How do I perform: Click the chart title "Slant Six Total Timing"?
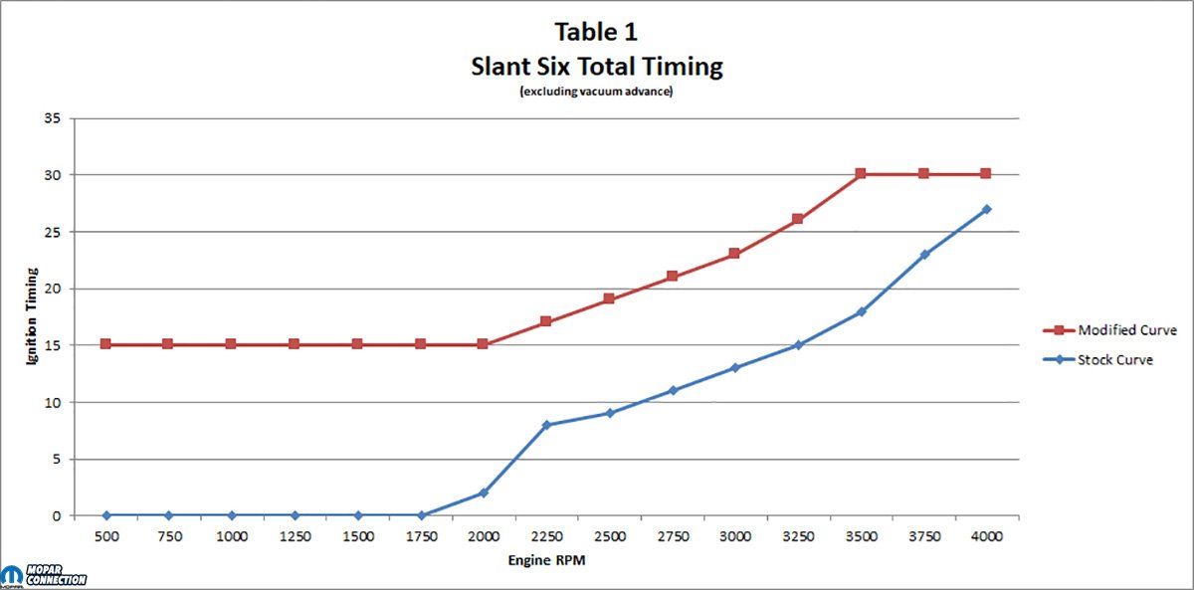(x=596, y=67)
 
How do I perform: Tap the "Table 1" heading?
(x=596, y=32)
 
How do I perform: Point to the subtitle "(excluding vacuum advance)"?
(x=596, y=92)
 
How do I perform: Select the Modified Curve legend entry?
(x=1109, y=330)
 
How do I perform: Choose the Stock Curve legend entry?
(x=1098, y=360)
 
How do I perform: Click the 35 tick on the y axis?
(x=52, y=117)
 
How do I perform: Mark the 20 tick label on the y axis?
(x=52, y=289)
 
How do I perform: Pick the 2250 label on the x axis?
(x=547, y=536)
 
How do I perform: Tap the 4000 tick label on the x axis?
(x=987, y=536)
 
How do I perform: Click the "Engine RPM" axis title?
(x=546, y=560)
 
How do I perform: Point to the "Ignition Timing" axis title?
(x=32, y=316)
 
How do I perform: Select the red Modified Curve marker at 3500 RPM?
(x=861, y=173)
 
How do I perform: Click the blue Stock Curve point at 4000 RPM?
(x=986, y=210)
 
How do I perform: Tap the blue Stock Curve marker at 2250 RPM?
(x=546, y=425)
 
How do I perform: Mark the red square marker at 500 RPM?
(x=105, y=344)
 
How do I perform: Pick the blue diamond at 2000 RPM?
(x=484, y=493)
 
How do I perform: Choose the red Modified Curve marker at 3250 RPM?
(x=797, y=219)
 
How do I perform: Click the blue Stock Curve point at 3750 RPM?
(x=924, y=255)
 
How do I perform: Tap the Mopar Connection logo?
(x=44, y=576)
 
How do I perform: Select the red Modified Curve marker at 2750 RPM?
(x=673, y=276)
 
